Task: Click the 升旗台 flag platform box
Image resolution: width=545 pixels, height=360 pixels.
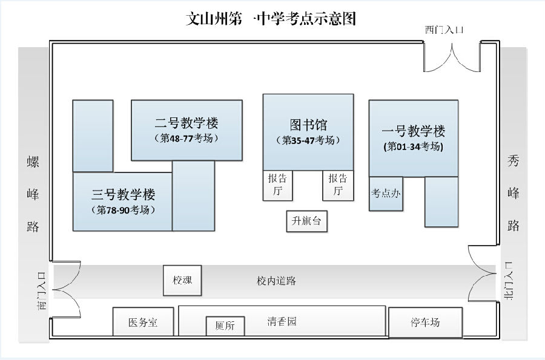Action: (306, 221)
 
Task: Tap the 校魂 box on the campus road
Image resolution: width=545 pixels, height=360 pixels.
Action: (182, 281)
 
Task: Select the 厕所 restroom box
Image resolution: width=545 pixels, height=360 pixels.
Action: (225, 326)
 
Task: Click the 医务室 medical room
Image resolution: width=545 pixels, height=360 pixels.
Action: (144, 322)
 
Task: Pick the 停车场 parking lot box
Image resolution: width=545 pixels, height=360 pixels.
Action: (425, 322)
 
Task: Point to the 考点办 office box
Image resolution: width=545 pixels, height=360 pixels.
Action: (386, 194)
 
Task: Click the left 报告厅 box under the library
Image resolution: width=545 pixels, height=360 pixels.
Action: (277, 185)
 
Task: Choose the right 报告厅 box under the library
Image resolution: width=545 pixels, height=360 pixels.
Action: (338, 185)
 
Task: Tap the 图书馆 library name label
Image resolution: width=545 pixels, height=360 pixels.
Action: (308, 125)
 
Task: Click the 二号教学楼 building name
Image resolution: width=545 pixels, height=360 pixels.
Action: (187, 123)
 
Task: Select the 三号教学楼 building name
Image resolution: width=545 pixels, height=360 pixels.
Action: (124, 195)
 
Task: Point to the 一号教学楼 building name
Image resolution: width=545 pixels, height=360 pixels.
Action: (414, 131)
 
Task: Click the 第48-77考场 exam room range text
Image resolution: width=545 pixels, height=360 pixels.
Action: (187, 139)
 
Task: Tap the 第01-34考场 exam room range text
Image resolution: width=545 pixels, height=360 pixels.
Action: (414, 146)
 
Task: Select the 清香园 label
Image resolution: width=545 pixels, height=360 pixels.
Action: (282, 321)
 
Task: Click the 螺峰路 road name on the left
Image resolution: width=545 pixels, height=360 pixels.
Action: (33, 194)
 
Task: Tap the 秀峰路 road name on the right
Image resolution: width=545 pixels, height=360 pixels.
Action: (514, 194)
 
